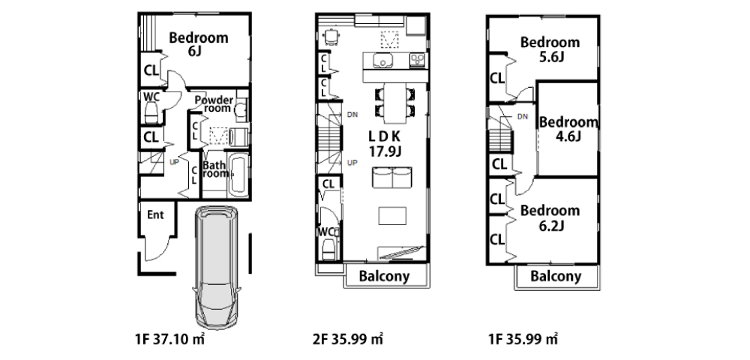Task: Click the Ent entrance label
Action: coord(155,215)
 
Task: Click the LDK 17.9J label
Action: coord(385,143)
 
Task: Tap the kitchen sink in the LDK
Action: coord(382,61)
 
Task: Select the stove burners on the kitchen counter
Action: coord(417,60)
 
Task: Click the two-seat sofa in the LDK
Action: coord(392,178)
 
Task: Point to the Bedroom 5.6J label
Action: coord(550,49)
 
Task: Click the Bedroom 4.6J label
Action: coord(568,129)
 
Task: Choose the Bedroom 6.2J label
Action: coord(550,217)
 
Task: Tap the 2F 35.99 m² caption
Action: coord(348,340)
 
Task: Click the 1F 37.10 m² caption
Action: coord(169,340)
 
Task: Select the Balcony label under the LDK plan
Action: coord(385,276)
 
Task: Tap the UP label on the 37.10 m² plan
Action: coord(174,162)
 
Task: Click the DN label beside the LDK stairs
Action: coord(352,115)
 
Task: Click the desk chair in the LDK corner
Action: coord(331,35)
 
